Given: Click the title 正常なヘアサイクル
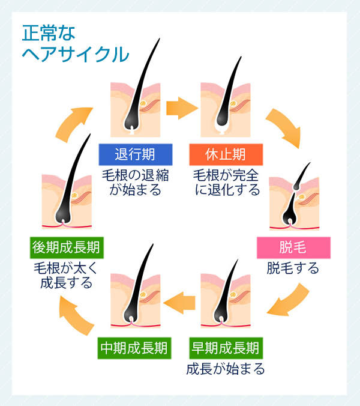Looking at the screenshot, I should tap(75, 43).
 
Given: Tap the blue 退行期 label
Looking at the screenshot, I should tap(136, 154).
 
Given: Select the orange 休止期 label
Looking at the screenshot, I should tap(226, 154).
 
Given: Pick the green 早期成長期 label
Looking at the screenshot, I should tap(226, 347).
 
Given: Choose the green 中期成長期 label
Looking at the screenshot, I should tap(134, 347).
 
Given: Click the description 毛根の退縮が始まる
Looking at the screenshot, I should tap(136, 183).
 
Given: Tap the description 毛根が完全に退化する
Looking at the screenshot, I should tap(226, 183).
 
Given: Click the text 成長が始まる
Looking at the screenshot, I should tap(226, 368).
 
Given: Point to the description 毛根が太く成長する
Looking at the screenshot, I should tap(66, 275).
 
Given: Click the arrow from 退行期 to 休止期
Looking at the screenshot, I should tap(181, 108).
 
